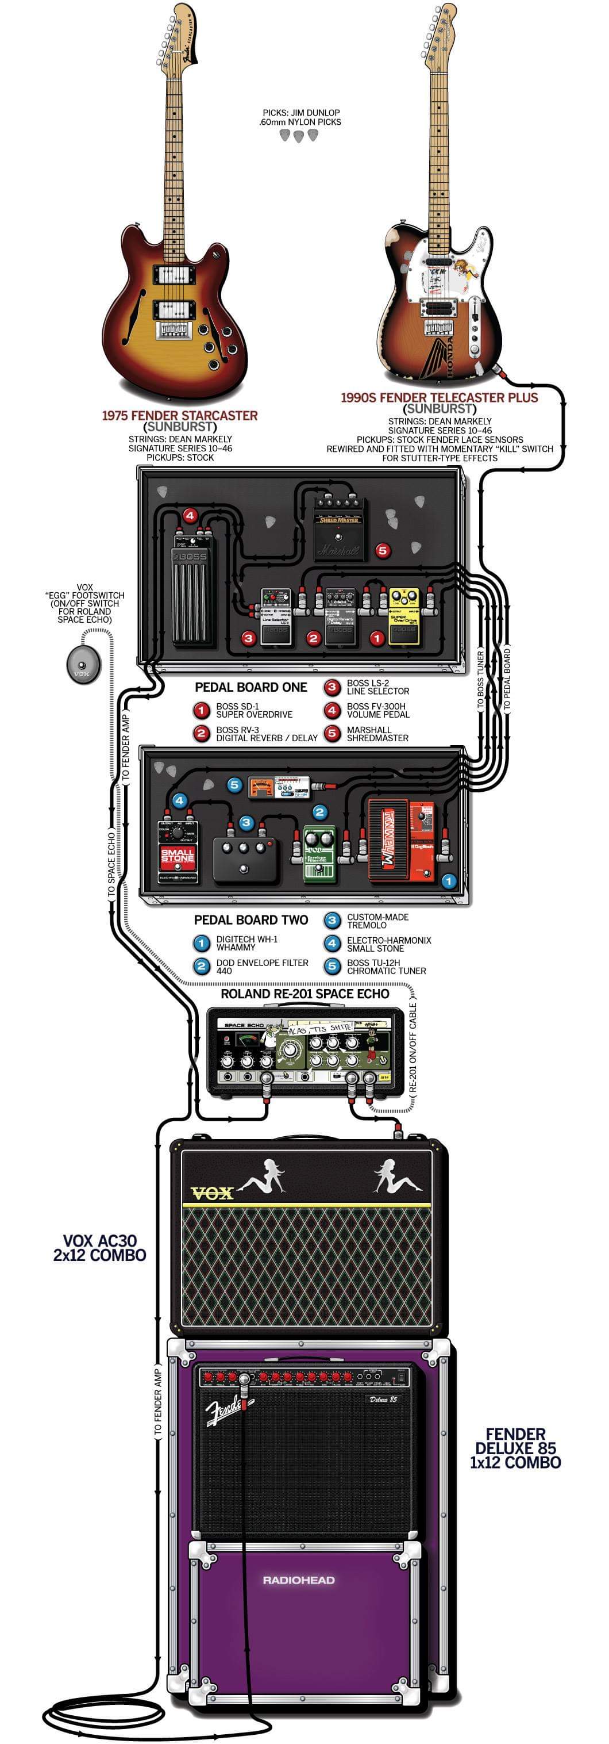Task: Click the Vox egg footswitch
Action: [83, 663]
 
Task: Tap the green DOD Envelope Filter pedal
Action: [319, 854]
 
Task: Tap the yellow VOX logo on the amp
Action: [213, 1193]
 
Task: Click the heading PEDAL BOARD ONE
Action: [250, 687]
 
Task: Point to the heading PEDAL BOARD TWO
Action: [250, 919]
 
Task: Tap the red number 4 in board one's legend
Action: [332, 710]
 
